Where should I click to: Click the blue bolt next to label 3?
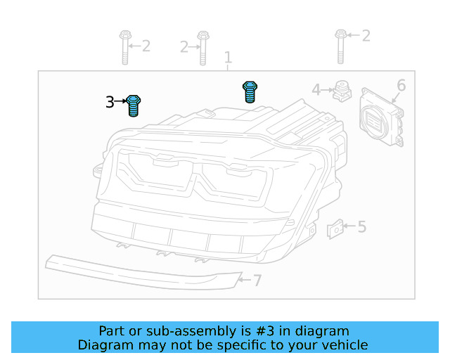pyautogui.click(x=135, y=106)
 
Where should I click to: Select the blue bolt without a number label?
pyautogui.click(x=249, y=91)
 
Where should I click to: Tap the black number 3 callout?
pyautogui.click(x=110, y=103)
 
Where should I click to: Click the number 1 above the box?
pyautogui.click(x=227, y=57)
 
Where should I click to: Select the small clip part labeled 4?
pyautogui.click(x=342, y=91)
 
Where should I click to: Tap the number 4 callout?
pyautogui.click(x=316, y=90)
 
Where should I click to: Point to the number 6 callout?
pyautogui.click(x=401, y=86)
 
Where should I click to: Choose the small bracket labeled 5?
pyautogui.click(x=336, y=228)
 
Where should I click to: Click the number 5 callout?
pyautogui.click(x=361, y=226)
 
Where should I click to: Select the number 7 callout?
pyautogui.click(x=257, y=281)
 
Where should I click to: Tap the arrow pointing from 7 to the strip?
pyautogui.click(x=244, y=281)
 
